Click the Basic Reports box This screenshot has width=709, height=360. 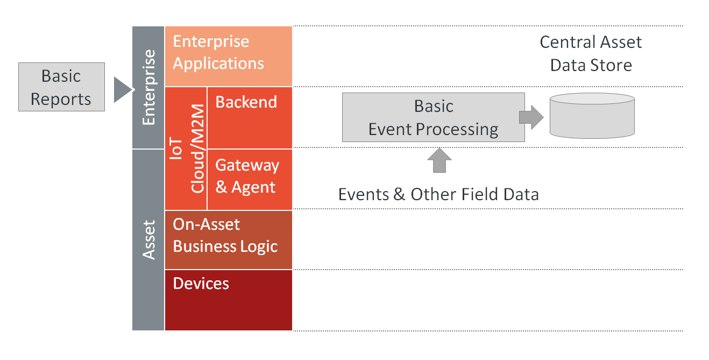point(61,87)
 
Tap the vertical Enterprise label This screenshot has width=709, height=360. point(148,87)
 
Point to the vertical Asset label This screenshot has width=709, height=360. point(148,240)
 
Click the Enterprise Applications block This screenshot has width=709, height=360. point(228,56)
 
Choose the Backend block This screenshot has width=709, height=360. point(250,117)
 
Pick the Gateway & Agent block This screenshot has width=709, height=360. point(250,179)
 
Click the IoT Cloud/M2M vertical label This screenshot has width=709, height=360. point(187,148)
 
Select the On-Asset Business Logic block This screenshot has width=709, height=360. point(228,239)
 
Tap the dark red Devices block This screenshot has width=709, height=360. point(228,300)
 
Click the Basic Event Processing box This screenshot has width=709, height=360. point(434,117)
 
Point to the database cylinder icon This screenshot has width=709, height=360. point(592,116)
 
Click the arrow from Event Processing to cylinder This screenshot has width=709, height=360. point(531,117)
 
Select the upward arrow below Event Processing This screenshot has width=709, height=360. point(439,160)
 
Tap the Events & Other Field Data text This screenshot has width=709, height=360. point(438,194)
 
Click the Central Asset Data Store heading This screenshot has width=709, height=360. point(591,53)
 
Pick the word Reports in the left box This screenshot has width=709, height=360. point(61,100)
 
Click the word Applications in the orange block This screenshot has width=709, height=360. point(218,63)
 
